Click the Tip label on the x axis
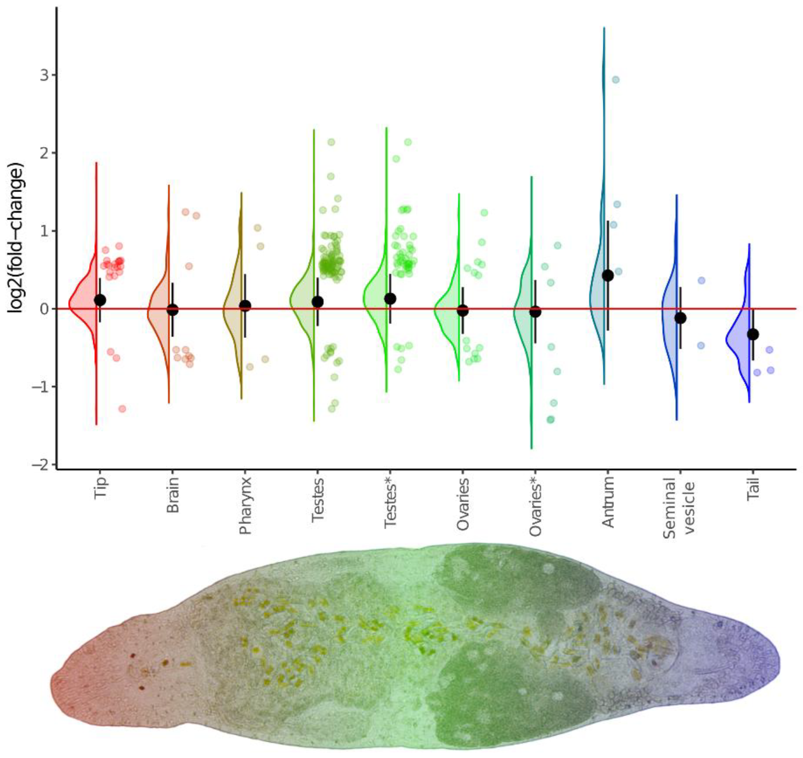(x=100, y=488)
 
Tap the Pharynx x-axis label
(x=245, y=505)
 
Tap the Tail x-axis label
(x=752, y=489)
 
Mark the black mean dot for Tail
(x=752, y=334)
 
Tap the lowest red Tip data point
(x=122, y=408)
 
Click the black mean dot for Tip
(x=100, y=300)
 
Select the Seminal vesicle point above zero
(x=701, y=280)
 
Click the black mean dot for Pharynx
(x=245, y=306)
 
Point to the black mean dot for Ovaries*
(x=535, y=311)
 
